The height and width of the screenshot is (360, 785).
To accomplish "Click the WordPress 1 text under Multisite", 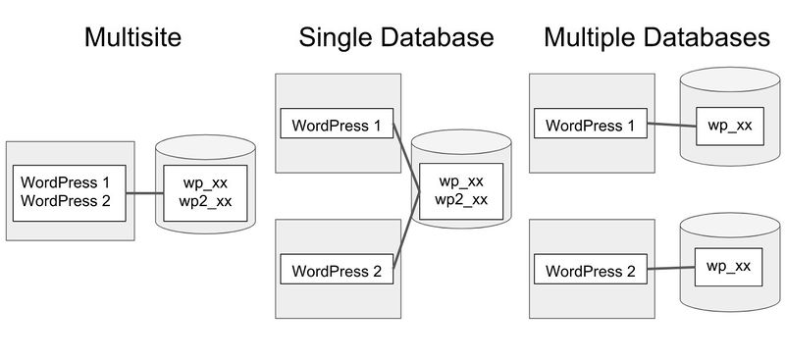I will point(67,182).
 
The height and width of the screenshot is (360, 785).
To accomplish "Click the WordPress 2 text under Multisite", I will point(67,201).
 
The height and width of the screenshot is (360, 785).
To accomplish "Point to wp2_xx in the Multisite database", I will point(206,201).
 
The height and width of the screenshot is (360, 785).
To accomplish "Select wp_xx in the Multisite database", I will point(206,182).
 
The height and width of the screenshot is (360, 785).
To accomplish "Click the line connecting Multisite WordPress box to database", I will point(145,192).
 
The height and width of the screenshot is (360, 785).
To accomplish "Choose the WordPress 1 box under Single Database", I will point(337,125).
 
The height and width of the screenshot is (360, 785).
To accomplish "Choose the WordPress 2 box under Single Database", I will point(337,270).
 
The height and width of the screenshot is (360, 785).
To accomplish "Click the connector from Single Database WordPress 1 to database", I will point(406,152).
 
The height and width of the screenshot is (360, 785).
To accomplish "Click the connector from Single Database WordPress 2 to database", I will point(406,235).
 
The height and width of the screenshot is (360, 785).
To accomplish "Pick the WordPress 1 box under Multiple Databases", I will point(590,125).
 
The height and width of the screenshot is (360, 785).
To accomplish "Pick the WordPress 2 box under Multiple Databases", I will point(590,270).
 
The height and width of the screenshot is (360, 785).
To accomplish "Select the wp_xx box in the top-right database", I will point(729,125).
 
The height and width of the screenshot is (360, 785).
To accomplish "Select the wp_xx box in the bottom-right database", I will point(729,266).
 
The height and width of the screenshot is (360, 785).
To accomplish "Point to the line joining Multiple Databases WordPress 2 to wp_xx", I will point(672,269).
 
